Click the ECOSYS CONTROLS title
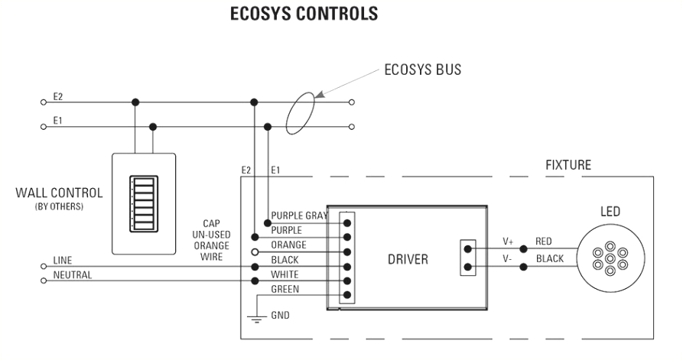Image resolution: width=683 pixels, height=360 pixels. pyautogui.click(x=341, y=16)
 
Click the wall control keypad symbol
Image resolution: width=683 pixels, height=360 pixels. pyautogui.click(x=144, y=203)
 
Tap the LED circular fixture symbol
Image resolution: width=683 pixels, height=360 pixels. pyautogui.click(x=609, y=258)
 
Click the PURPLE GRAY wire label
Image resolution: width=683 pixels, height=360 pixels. pyautogui.click(x=299, y=216)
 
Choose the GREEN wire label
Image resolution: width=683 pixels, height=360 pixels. pyautogui.click(x=286, y=289)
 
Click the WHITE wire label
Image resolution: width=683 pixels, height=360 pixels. pyautogui.click(x=285, y=274)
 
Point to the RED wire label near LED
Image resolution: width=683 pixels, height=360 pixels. pyautogui.click(x=545, y=241)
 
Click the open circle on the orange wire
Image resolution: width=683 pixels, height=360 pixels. pyautogui.click(x=254, y=251)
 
